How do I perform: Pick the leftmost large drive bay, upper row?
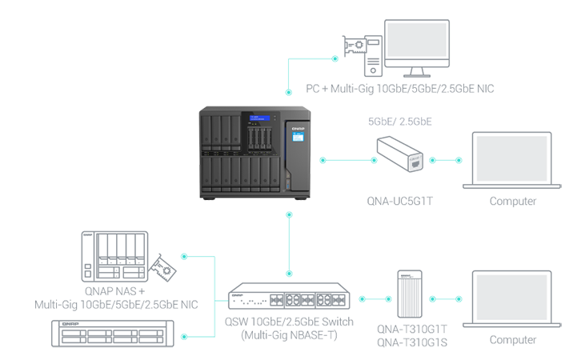coord(207,132)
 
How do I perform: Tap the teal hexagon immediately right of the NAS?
coord(347,160)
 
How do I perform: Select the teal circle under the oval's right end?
coord(446,160)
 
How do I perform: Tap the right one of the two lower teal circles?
coord(446,298)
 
